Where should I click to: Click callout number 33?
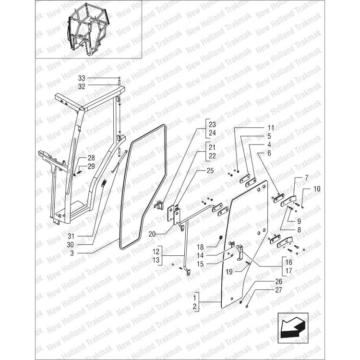[81, 78]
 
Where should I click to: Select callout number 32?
[81, 87]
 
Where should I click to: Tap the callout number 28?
[91, 158]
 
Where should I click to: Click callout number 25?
[210, 170]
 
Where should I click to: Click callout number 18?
[201, 247]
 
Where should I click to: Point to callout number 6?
[269, 153]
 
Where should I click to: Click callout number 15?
[201, 264]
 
